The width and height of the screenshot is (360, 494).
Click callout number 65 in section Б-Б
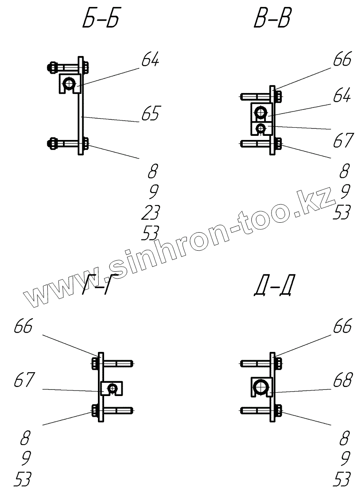click(150, 114)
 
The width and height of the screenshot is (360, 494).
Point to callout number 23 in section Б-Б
click(149, 212)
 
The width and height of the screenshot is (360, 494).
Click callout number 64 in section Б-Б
click(150, 61)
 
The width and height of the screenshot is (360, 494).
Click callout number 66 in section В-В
click(342, 61)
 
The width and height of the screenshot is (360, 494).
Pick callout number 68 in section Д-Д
click(342, 381)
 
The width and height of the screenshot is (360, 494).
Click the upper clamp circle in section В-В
click(261, 112)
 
